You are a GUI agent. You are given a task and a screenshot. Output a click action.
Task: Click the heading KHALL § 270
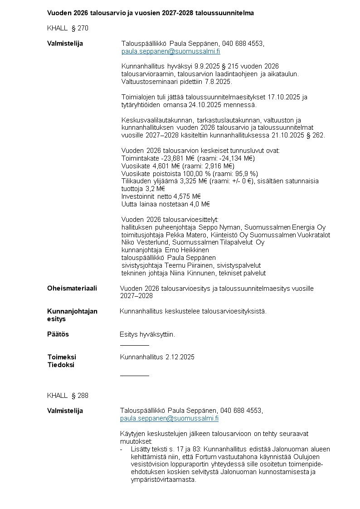tap(68, 28)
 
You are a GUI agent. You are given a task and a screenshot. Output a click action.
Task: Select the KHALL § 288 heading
tap(68, 396)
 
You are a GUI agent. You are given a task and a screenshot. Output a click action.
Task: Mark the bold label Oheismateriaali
tap(72, 289)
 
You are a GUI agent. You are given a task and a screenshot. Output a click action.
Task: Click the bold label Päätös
tap(58, 334)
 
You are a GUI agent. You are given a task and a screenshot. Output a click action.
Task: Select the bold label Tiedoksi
tap(61, 365)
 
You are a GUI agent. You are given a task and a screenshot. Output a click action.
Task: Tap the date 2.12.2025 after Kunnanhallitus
tap(179, 357)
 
